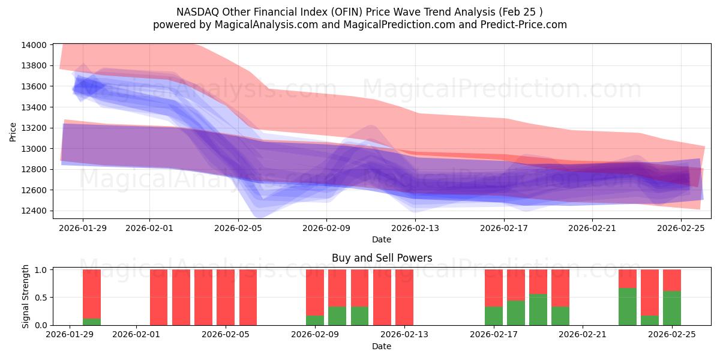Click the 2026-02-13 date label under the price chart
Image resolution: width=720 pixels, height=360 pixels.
[415, 228]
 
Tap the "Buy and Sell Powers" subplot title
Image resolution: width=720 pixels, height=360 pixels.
[382, 259]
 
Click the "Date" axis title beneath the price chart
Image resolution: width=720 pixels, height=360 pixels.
[382, 239]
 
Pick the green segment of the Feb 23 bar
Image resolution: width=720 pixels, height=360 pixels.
[628, 307]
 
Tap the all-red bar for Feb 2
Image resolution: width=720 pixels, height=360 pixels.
[159, 297]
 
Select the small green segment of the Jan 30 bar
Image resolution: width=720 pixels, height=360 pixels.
[92, 322]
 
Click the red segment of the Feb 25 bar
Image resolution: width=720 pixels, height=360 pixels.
[672, 280]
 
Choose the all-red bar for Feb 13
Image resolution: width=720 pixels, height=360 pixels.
[404, 297]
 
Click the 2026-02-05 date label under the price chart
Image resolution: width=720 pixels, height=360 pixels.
[238, 228]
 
